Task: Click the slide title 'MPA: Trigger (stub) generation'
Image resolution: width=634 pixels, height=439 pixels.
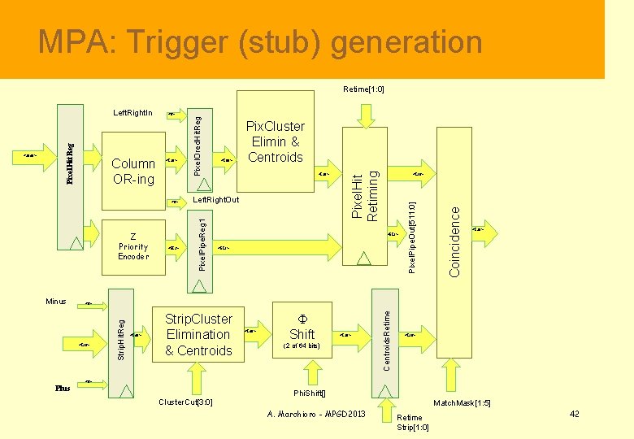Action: [260, 41]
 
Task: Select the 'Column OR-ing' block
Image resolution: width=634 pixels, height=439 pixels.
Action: [132, 172]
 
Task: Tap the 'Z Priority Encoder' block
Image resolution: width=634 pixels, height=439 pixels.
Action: [133, 246]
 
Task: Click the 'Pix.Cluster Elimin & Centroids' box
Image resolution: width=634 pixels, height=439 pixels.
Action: [275, 141]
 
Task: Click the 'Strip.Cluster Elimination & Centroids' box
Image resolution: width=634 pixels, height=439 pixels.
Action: [198, 335]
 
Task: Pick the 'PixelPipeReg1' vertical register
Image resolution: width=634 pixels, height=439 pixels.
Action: [201, 246]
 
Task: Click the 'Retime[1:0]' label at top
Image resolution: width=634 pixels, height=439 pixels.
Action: [363, 89]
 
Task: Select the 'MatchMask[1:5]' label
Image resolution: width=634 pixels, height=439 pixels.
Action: [462, 403]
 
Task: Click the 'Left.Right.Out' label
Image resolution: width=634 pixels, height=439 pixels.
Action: [216, 200]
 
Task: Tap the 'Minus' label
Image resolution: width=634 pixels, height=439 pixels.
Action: [55, 302]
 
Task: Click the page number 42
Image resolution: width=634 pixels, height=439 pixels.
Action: [574, 415]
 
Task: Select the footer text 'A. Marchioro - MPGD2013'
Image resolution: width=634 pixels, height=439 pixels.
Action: [316, 415]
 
